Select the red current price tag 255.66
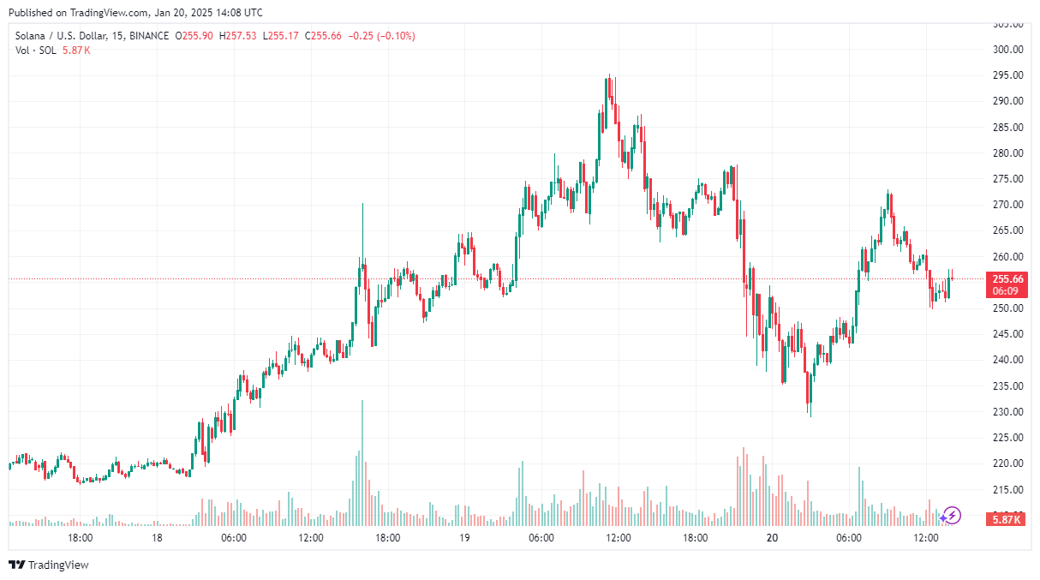pos(1007,279)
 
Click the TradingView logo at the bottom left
pos(49,565)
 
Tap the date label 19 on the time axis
pos(464,538)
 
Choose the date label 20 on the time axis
pos(772,538)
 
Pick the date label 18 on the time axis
pos(157,538)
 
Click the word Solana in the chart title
pos(31,36)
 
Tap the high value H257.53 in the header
pos(238,36)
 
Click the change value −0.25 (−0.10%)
pos(381,36)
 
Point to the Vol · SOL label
pos(36,51)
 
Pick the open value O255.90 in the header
pos(194,36)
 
